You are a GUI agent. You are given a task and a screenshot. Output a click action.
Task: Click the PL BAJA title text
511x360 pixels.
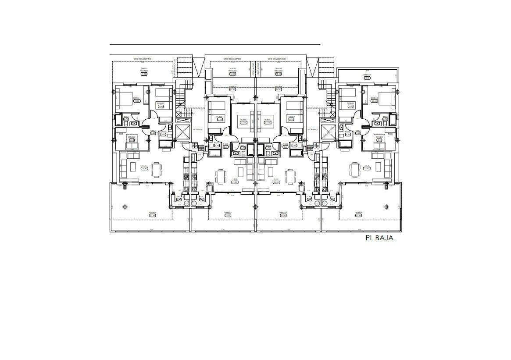(x=379, y=238)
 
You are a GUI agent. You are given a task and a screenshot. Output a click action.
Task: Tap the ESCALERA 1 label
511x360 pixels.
(x=198, y=130)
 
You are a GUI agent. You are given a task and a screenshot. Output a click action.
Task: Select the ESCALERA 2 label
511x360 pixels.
(x=312, y=130)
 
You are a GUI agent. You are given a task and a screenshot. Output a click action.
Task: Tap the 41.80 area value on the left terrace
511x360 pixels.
(x=152, y=215)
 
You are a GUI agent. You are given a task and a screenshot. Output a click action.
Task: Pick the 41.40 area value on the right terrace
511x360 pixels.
(x=359, y=215)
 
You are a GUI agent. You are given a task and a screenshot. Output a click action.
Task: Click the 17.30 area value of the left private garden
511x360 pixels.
(x=144, y=74)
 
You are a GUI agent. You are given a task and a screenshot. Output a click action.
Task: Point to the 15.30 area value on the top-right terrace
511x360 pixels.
(x=367, y=78)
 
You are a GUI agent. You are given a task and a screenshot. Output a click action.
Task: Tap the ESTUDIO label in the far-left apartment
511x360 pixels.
(x=132, y=137)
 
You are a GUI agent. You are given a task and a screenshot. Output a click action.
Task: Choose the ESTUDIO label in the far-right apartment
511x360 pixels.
(x=379, y=137)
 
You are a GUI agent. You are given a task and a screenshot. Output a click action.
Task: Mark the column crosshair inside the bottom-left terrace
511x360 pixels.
(x=126, y=207)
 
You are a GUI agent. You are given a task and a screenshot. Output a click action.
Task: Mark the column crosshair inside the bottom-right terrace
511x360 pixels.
(x=386, y=207)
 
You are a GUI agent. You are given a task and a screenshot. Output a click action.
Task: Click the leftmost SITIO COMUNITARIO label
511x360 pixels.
(x=143, y=59)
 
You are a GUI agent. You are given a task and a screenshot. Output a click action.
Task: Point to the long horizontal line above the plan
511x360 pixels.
(x=215, y=44)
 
